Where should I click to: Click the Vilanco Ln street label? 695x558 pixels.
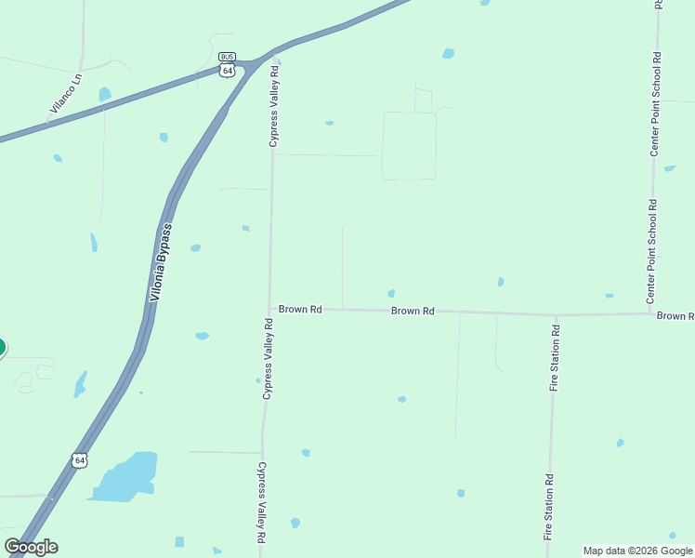pyautogui.click(x=66, y=94)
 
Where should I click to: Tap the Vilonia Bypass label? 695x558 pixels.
pyautogui.click(x=162, y=263)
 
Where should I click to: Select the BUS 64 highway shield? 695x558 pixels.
pyautogui.click(x=228, y=65)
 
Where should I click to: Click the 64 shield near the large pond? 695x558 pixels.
pyautogui.click(x=81, y=459)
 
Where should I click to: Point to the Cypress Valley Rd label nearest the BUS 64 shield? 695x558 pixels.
pyautogui.click(x=274, y=105)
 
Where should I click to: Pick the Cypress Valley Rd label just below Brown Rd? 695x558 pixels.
pyautogui.click(x=268, y=359)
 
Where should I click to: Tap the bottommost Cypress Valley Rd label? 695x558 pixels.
pyautogui.click(x=263, y=502)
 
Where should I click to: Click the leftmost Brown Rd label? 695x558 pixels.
pyautogui.click(x=300, y=309)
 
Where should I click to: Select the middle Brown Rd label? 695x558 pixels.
pyautogui.click(x=413, y=311)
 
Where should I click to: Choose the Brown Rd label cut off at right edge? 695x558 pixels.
pyautogui.click(x=675, y=316)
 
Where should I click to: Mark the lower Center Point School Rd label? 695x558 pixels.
pyautogui.click(x=652, y=251)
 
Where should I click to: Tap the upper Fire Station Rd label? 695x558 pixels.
pyautogui.click(x=554, y=357)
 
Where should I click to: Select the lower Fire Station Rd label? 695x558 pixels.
pyautogui.click(x=548, y=507)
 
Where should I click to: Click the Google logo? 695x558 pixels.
pyautogui.click(x=31, y=547)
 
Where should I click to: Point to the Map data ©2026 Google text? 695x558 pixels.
pyautogui.click(x=636, y=551)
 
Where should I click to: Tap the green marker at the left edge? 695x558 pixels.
pyautogui.click(x=1, y=348)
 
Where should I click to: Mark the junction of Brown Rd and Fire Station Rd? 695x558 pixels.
pyautogui.click(x=556, y=314)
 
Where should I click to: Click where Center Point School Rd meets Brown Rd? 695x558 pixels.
pyautogui.click(x=650, y=312)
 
